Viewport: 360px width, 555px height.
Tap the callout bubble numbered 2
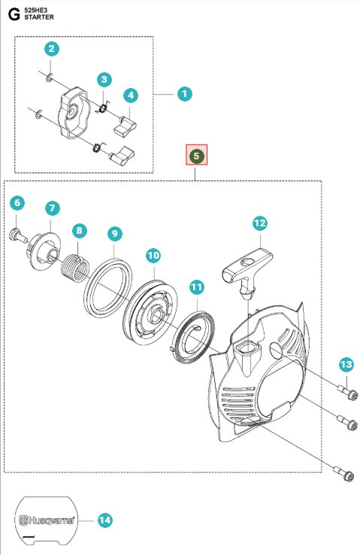51,50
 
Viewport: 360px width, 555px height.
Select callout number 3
104,80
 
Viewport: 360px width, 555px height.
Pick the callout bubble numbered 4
131,96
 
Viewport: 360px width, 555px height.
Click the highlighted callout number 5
195,156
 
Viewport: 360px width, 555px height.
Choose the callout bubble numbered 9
114,234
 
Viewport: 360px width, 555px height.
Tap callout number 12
259,223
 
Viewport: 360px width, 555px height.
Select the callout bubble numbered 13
345,365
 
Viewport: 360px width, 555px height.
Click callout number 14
104,520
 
